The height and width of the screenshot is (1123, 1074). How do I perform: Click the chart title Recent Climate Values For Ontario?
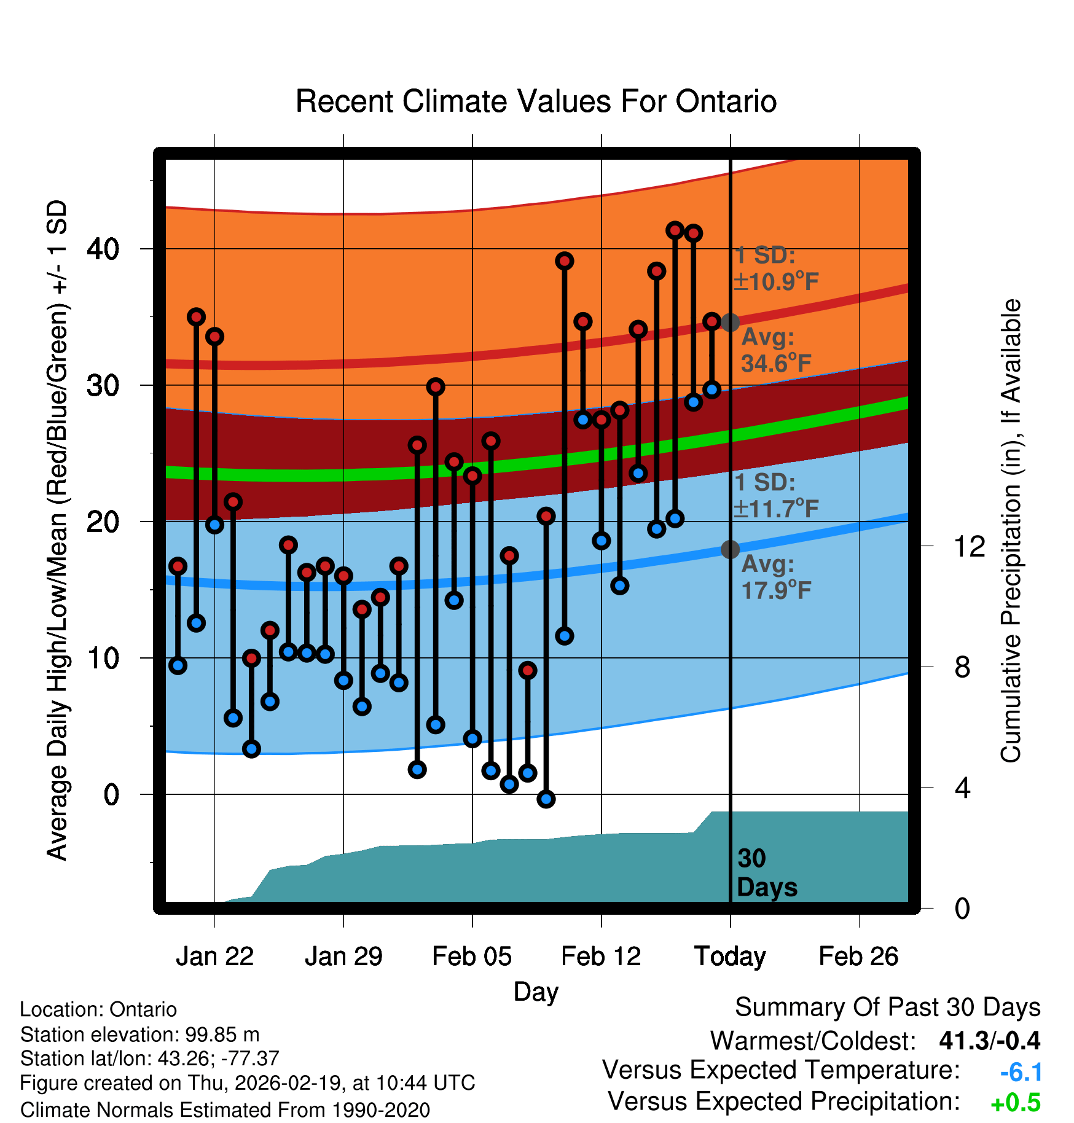536,101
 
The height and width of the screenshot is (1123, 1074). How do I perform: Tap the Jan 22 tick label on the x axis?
214,957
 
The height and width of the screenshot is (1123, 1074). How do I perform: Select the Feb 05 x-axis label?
472,957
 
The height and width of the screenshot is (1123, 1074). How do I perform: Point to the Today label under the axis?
730,957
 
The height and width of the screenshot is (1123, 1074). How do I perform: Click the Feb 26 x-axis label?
858,957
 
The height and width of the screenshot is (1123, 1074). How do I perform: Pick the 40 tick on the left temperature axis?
103,249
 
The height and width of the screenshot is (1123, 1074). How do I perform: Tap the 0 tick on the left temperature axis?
111,794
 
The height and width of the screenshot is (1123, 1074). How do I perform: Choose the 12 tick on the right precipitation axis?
969,546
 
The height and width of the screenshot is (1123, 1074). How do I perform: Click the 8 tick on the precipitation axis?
962,667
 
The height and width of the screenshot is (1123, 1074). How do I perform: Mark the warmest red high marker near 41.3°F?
675,230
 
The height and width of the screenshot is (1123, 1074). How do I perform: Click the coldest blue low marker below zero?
546,799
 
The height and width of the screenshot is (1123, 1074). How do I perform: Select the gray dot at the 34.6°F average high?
730,322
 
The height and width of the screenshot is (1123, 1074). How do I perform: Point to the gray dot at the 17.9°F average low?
730,549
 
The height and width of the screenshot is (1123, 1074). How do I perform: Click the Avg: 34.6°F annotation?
775,350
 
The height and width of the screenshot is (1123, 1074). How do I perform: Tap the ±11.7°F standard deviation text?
776,509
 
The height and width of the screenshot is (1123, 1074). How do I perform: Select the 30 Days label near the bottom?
766,873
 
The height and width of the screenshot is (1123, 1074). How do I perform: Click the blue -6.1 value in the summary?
1021,1072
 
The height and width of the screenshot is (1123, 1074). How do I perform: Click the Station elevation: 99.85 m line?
139,1035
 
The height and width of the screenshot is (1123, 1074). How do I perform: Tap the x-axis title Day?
536,992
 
